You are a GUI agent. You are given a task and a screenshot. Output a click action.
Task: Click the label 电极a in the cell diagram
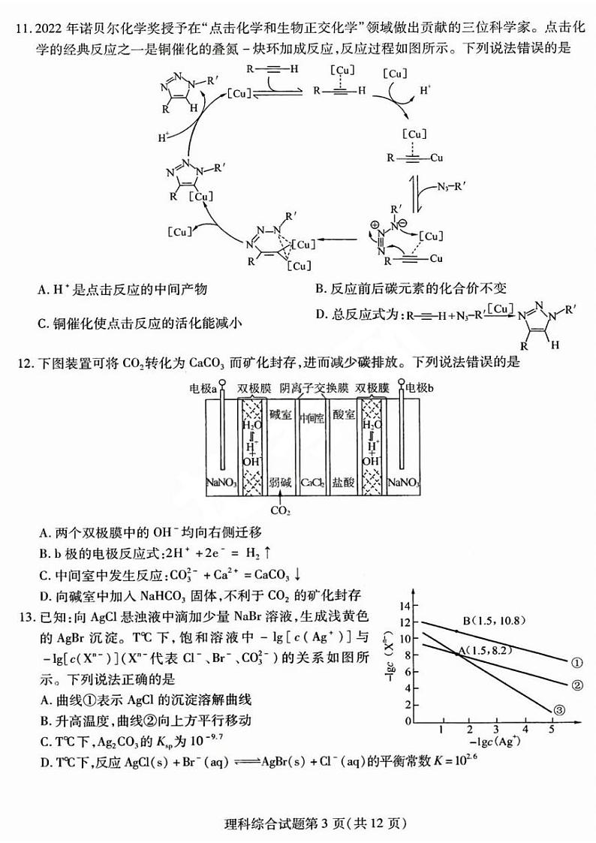(x=203, y=387)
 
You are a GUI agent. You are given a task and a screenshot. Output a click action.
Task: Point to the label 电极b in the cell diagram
(x=419, y=387)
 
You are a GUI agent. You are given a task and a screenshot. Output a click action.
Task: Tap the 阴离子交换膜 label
(x=314, y=387)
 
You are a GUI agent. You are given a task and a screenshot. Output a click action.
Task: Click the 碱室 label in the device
(x=280, y=414)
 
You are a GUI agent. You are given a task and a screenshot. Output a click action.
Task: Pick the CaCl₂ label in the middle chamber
(x=312, y=482)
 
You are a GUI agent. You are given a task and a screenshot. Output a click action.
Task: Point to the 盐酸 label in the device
(x=343, y=482)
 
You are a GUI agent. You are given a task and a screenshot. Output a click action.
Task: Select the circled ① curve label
(x=576, y=663)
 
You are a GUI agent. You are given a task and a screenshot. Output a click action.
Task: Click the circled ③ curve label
(x=558, y=710)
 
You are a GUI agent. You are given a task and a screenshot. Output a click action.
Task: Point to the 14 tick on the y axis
(x=405, y=606)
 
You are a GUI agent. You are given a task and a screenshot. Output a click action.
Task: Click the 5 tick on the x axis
(x=552, y=729)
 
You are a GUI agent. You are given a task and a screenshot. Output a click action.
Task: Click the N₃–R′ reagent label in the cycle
(x=451, y=187)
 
